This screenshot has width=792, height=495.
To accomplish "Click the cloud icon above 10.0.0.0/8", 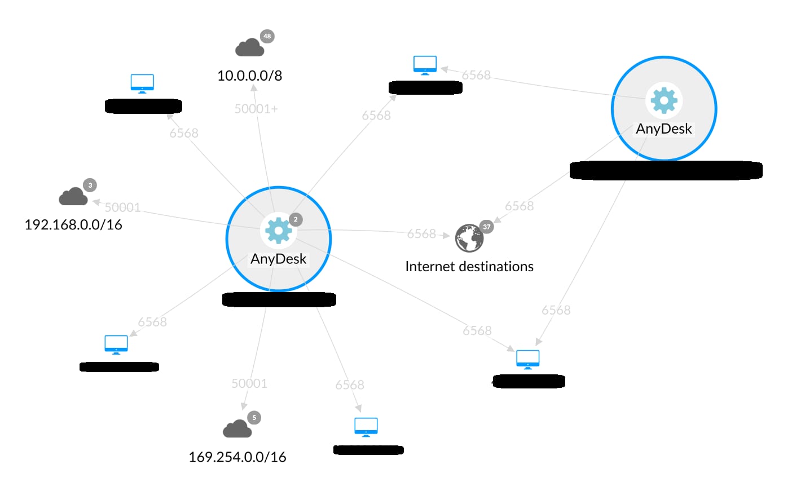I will pos(249,48).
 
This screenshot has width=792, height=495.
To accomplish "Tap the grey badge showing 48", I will pos(267,36).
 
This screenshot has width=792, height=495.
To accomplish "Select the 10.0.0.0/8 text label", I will pos(249,76).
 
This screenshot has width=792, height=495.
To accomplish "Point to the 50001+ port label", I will pos(256,109).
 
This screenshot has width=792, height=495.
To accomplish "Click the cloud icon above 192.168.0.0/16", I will pos(73,197).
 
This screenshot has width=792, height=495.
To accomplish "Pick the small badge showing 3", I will pos(90,185).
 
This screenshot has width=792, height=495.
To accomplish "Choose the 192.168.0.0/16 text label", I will pos(73,225).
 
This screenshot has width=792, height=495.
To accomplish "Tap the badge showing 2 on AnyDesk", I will pos(296,219).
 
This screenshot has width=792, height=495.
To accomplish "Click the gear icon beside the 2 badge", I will pos(279,231).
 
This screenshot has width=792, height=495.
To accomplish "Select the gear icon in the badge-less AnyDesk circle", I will pos(664,100).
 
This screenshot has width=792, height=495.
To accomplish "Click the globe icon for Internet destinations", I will pos(469,238).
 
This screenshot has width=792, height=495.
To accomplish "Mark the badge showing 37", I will pos(486,227).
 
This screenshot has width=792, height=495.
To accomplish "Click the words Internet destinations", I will pos(469,267).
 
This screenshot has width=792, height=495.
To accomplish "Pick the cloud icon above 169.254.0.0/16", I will pos(237,430).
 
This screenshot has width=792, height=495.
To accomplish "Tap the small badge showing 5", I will pos(254,418).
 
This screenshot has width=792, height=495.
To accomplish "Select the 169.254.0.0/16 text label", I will pos(237,457).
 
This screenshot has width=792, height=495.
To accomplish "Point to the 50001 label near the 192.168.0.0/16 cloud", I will pos(122,207).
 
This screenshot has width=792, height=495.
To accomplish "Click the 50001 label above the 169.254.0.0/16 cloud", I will pos(249,383).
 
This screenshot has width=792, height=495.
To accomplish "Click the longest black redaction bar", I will pos(666,170).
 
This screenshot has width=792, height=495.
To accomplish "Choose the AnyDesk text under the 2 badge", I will pos(279,259).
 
